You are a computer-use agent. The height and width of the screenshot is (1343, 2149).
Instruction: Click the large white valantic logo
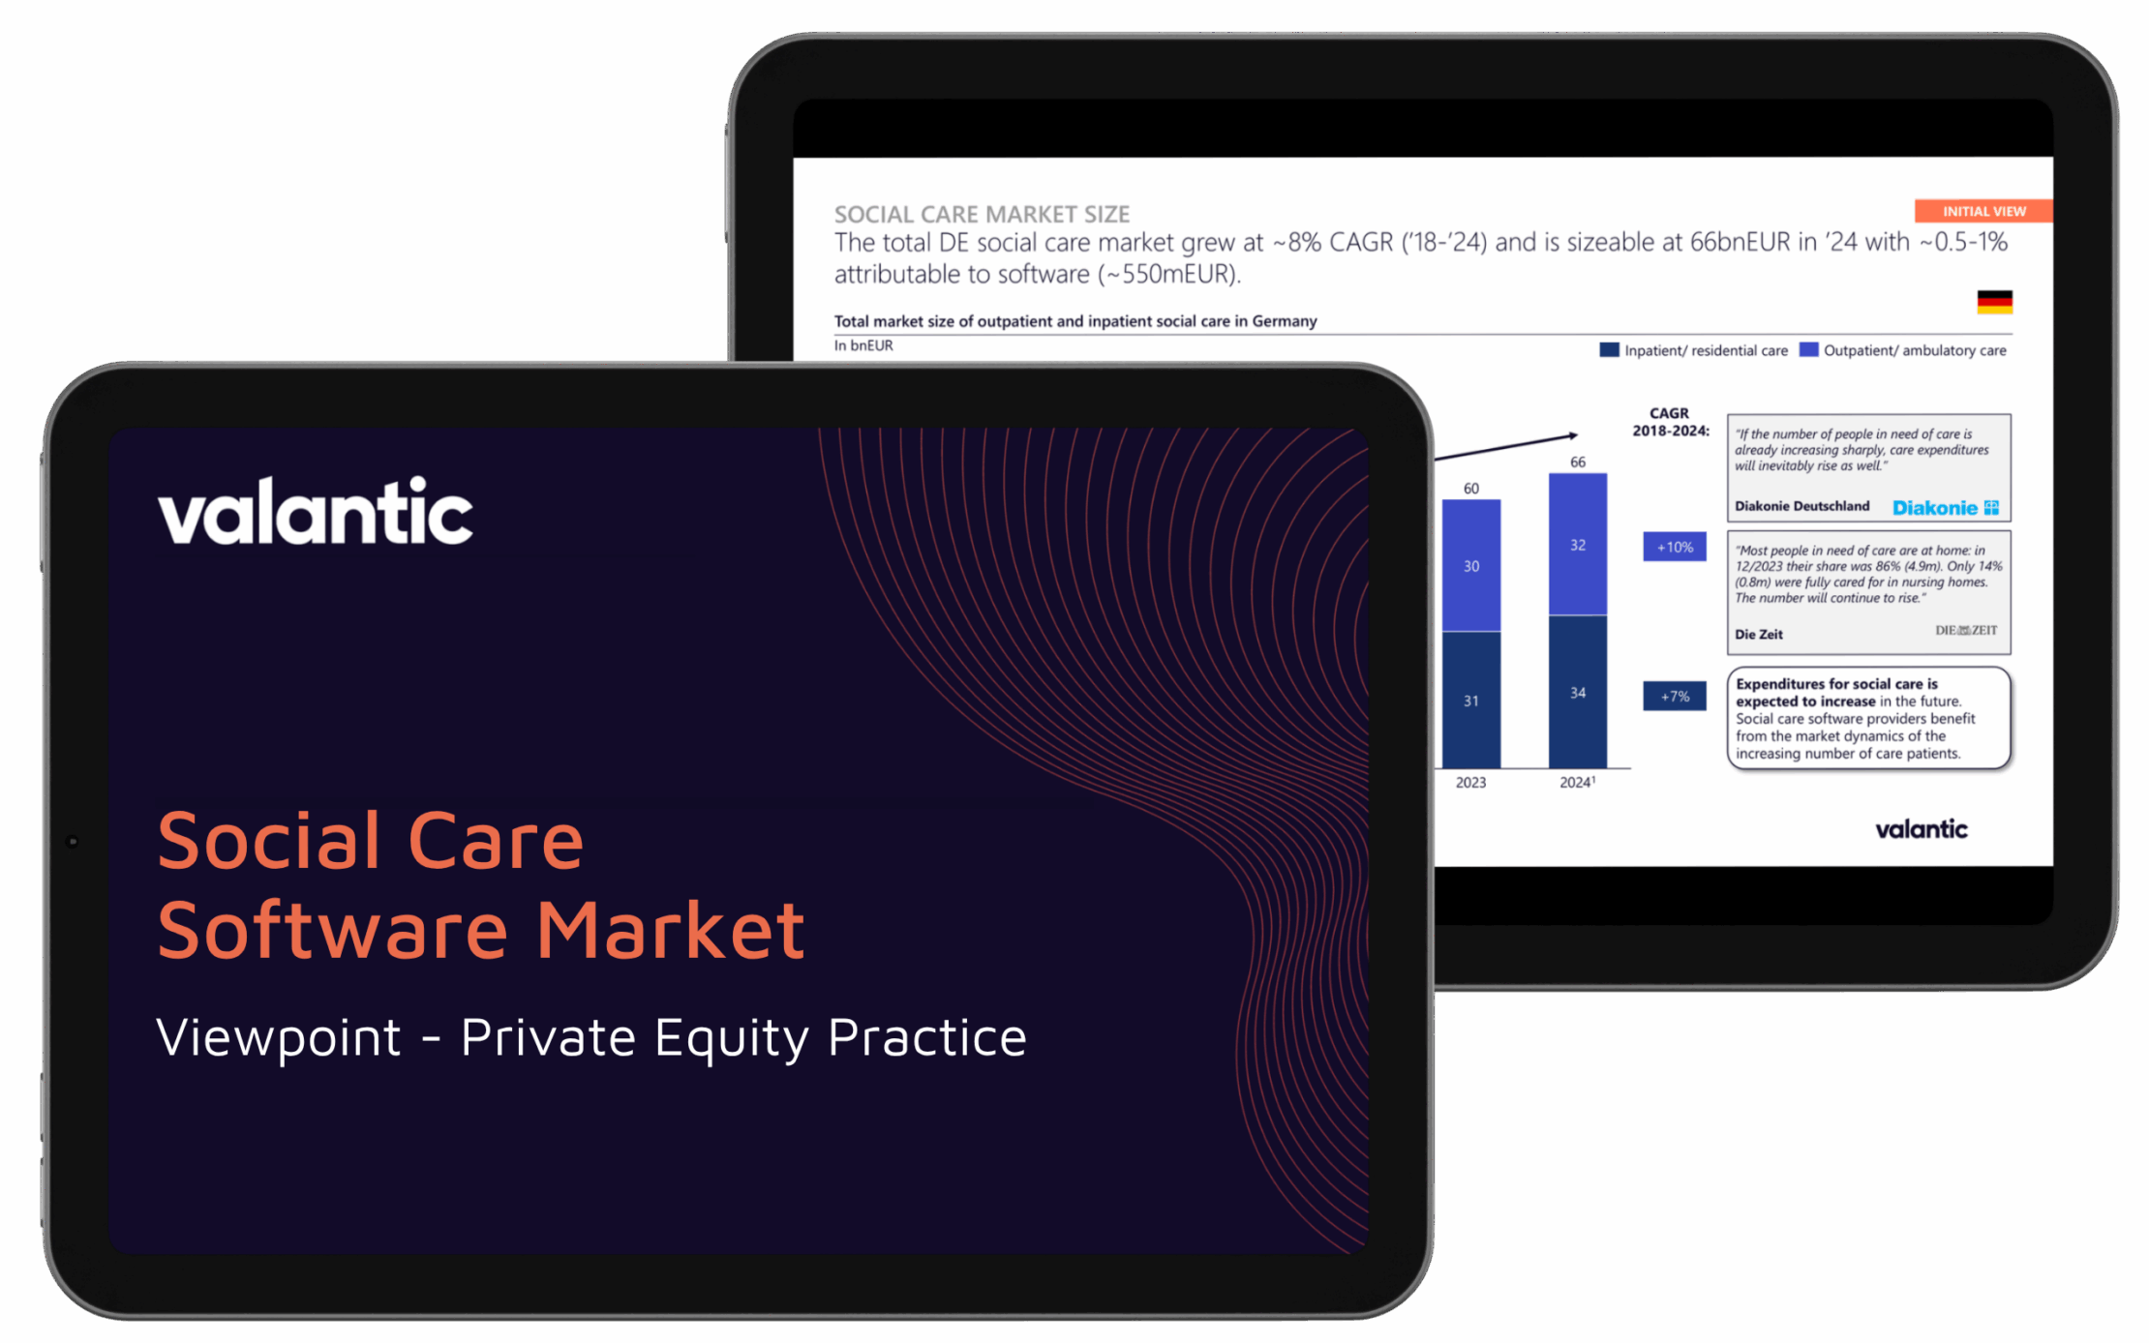coord(316,512)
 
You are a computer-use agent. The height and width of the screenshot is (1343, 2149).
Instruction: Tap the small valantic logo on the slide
coord(1921,829)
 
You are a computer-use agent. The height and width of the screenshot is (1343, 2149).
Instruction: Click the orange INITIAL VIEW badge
coord(1983,211)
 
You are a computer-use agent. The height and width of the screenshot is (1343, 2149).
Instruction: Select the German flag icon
coord(1994,302)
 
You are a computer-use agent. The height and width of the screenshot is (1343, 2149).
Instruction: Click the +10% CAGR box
coord(1674,547)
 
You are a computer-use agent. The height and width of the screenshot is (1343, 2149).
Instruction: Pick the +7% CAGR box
coord(1674,696)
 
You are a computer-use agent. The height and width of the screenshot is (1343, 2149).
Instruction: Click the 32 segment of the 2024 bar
coord(1577,545)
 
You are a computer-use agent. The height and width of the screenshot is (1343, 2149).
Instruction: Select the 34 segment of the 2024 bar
coord(1577,692)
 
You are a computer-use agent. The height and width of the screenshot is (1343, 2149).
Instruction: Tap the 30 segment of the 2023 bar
coord(1470,566)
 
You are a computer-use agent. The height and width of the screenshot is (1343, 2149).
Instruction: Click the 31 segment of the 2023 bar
coord(1470,700)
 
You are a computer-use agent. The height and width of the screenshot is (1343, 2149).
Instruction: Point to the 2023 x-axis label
coord(1470,782)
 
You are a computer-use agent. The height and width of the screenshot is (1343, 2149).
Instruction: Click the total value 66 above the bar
coord(1578,462)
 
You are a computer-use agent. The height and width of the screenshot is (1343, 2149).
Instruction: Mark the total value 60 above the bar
coord(1471,488)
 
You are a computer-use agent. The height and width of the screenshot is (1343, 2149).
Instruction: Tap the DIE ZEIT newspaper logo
coord(1965,630)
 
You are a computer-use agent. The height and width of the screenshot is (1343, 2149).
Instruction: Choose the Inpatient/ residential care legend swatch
coord(1609,349)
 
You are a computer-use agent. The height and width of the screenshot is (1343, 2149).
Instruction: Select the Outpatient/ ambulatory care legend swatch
coord(1808,349)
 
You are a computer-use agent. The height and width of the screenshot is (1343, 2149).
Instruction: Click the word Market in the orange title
coord(670,930)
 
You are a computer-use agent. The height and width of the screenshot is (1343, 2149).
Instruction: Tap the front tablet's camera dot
coord(72,841)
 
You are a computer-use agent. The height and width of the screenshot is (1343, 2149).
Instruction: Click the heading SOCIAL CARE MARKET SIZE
coord(982,214)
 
